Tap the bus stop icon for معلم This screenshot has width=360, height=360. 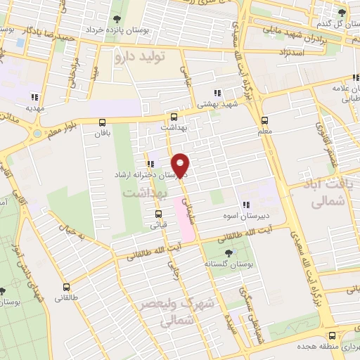point(265,120)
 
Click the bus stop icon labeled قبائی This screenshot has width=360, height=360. point(158,214)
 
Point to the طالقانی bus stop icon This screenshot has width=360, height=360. point(67,287)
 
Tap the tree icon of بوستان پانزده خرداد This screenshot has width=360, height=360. point(114,20)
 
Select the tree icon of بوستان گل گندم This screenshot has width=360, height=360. point(342,12)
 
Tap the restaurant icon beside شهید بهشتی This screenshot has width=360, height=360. point(217,93)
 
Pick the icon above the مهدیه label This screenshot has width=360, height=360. point(34,98)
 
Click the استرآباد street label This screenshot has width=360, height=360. point(290,53)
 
